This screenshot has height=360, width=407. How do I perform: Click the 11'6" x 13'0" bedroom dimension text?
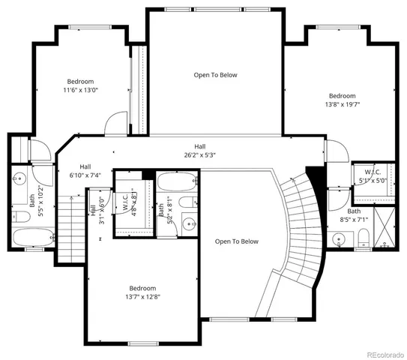point(80,90)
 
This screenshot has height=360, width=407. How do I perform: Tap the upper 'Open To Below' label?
point(215,75)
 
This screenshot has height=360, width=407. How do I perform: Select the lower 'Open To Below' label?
point(236,241)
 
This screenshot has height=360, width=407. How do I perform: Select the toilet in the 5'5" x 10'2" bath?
point(22,216)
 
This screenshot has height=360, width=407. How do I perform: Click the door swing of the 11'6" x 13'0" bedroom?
point(116,122)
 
